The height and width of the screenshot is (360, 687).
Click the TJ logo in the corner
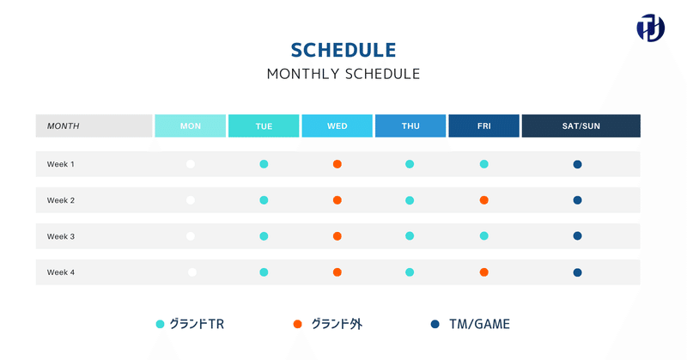pos(651,28)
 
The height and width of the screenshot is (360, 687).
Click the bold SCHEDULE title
pos(343,50)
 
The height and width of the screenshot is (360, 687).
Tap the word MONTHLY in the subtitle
pos(304,74)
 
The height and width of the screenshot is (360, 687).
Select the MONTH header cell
pos(94,125)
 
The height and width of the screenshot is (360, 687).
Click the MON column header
pos(190,125)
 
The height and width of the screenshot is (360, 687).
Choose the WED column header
pos(337,125)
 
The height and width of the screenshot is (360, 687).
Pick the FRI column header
pos(483,125)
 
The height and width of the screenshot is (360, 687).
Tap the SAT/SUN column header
pos(581,125)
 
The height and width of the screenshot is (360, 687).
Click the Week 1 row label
pos(60,164)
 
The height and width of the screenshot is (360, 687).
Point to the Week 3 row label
pos(60,236)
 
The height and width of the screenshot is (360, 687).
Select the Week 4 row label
pos(60,272)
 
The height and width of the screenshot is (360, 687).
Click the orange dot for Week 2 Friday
pos(483,200)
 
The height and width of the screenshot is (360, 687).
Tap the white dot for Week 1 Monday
pos(190,164)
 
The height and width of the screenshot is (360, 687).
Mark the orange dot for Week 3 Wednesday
pos(337,236)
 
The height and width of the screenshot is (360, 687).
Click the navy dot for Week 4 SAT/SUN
pos(577,272)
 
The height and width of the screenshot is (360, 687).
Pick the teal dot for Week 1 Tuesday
pos(264,164)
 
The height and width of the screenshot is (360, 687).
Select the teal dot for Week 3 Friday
pos(483,236)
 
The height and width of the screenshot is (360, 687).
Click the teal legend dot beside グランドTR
pos(160,324)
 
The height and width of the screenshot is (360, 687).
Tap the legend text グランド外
pos(337,324)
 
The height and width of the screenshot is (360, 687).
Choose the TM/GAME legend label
pos(479,324)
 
